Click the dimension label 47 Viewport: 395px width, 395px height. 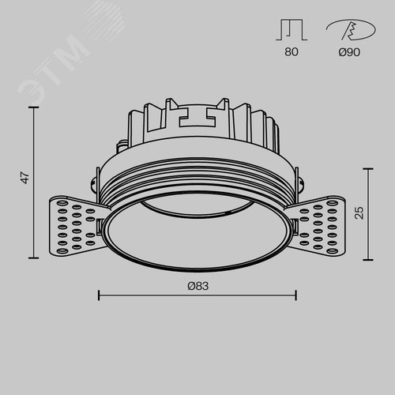[25, 178]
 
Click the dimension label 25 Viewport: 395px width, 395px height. [359, 213]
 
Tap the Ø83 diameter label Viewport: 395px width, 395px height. [198, 286]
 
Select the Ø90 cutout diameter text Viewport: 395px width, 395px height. [349, 52]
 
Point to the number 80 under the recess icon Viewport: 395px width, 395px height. [292, 52]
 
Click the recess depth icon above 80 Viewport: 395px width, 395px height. [292, 29]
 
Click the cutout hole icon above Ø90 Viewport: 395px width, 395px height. [351, 29]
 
